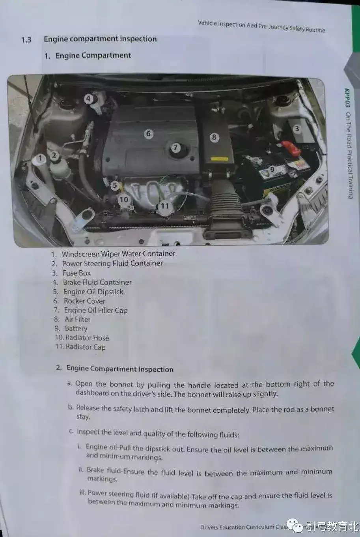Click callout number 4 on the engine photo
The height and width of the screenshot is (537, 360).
[88, 99]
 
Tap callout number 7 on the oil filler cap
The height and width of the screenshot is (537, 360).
[176, 148]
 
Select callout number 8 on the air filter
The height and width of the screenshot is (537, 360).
[214, 137]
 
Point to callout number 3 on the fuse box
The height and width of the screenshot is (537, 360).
[297, 129]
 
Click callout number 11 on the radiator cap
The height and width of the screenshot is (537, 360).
[165, 206]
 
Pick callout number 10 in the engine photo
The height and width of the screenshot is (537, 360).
[124, 200]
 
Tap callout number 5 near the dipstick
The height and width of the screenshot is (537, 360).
[115, 185]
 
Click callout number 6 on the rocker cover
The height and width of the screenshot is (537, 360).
[149, 133]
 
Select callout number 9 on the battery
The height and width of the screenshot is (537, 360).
[272, 170]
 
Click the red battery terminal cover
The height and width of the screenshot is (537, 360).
[290, 148]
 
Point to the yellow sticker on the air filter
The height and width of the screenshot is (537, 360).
[219, 159]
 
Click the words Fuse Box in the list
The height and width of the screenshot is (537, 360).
[76, 273]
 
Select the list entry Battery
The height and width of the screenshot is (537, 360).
[76, 328]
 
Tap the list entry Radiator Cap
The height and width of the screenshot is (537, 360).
[86, 347]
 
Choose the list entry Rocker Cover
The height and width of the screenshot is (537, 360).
[84, 301]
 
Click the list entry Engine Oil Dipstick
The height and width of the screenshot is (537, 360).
[93, 292]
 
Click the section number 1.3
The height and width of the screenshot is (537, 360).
[26, 39]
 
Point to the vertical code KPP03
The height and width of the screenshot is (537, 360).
[347, 98]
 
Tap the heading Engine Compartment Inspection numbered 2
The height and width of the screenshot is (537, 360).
[120, 369]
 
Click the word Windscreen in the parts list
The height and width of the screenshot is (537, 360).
[80, 254]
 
